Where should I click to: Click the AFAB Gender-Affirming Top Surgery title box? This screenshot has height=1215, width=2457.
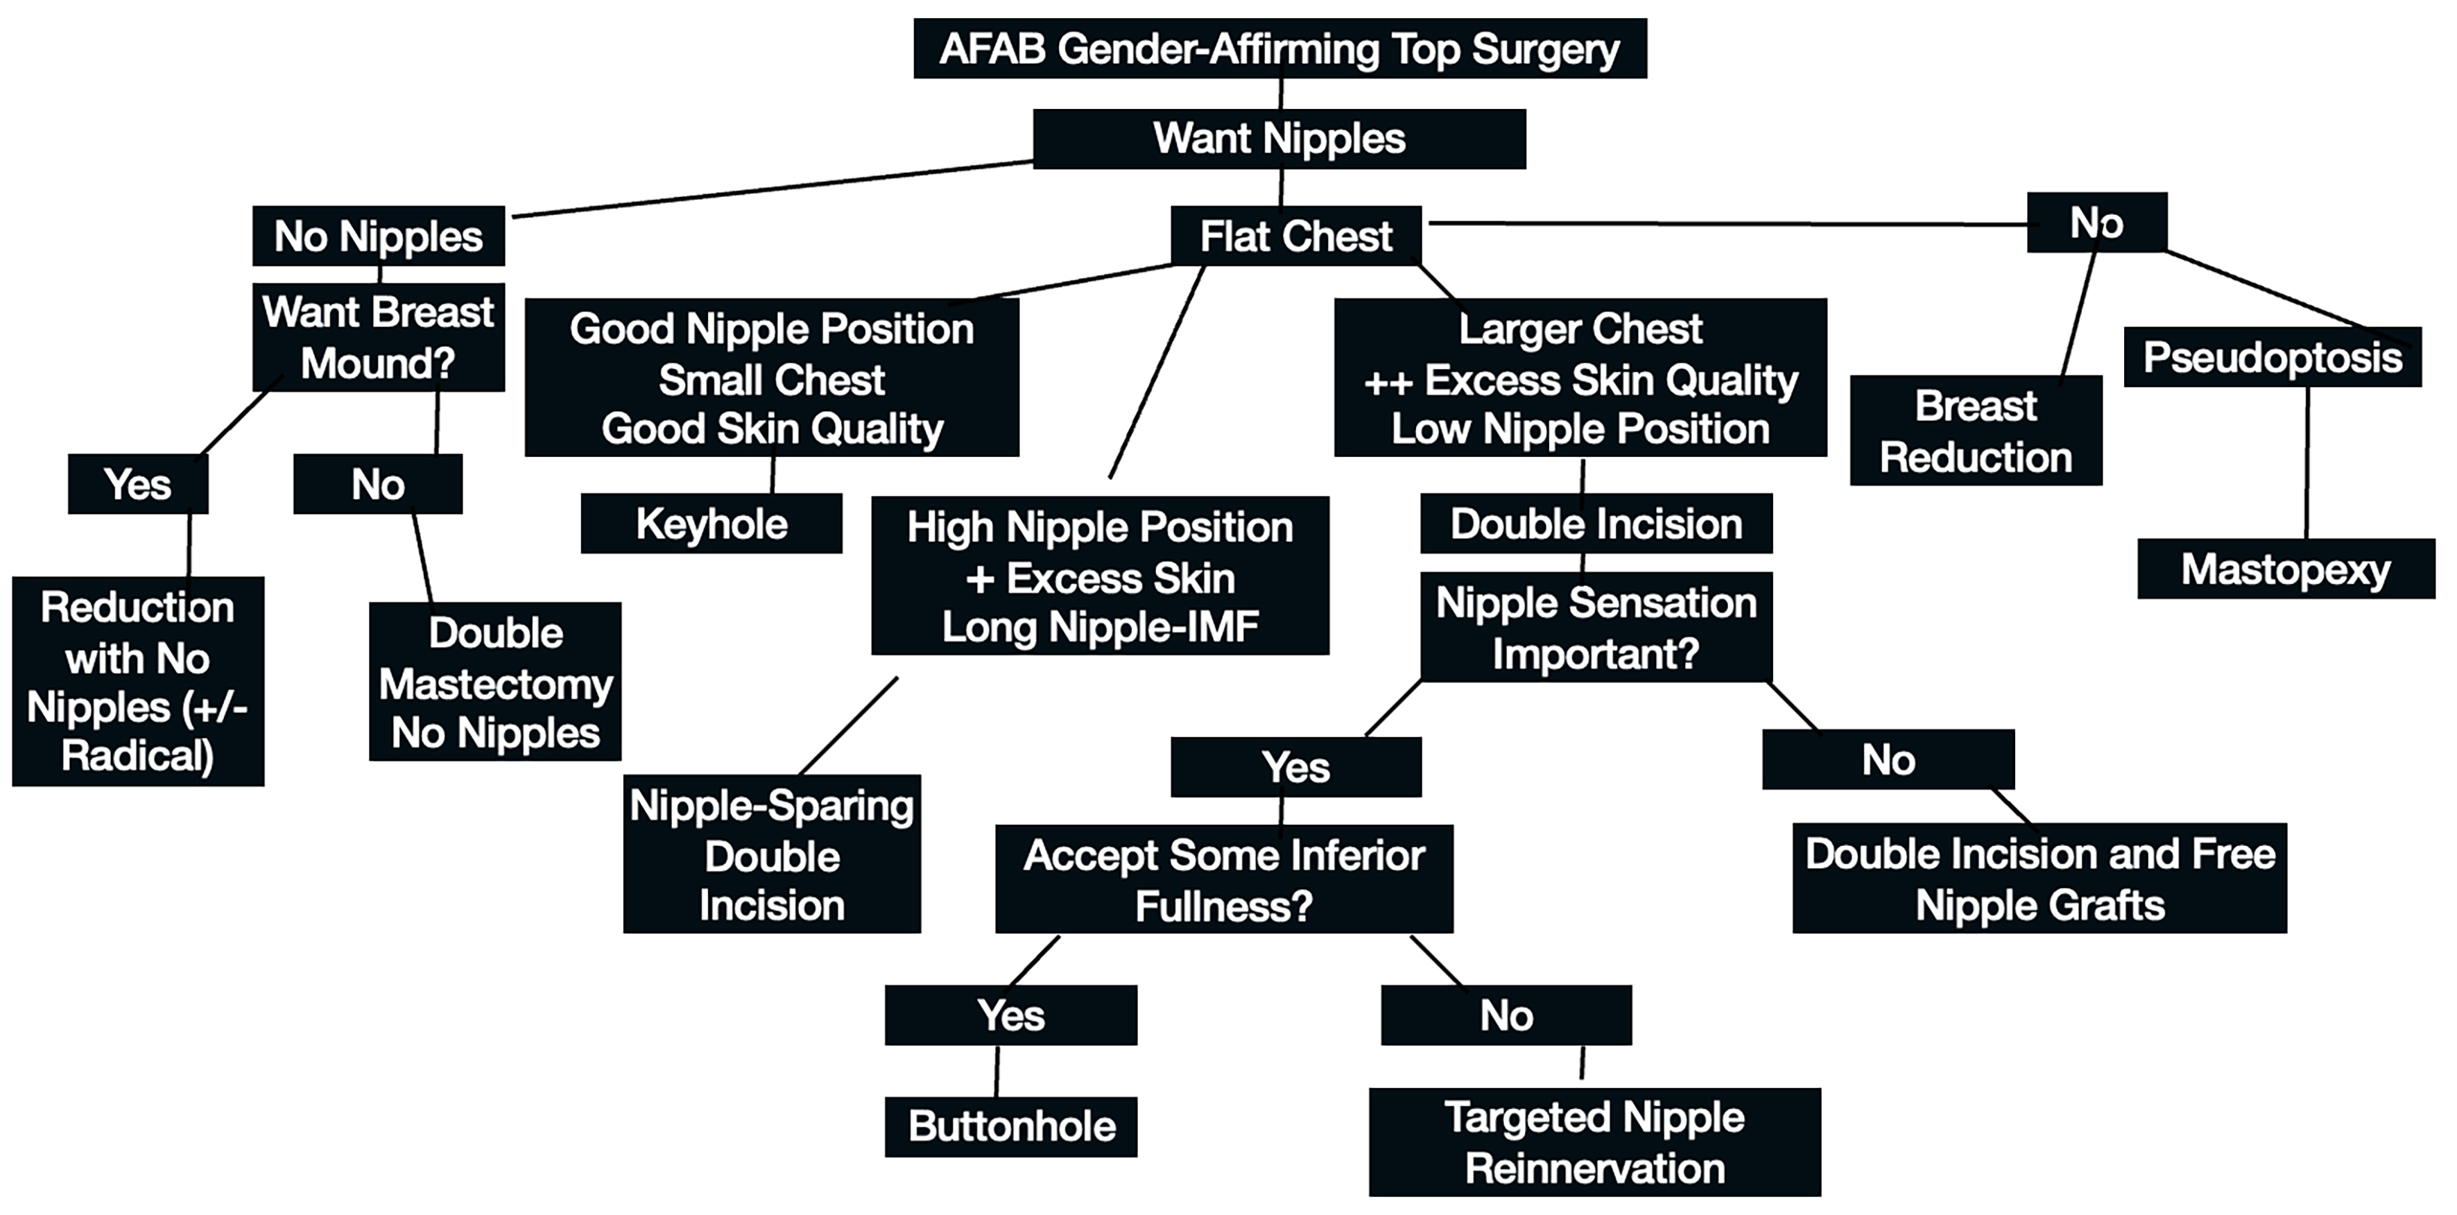coord(1279,49)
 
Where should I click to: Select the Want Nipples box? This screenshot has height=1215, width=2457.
coord(1279,139)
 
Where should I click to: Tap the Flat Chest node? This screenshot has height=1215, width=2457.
coord(1296,236)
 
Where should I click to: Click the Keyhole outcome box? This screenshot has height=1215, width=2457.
coord(712,524)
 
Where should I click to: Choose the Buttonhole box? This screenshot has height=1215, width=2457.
coord(1011,1126)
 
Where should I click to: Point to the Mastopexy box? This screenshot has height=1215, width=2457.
coord(2285,569)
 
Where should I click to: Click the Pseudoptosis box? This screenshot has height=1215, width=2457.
coord(2272,358)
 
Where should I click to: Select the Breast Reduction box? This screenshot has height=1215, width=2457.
coord(1975,431)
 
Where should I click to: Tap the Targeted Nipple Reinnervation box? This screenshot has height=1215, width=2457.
coord(1595,1142)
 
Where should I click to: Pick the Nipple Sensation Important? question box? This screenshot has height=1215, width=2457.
coord(1596,628)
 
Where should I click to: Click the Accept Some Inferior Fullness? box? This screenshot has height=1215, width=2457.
coord(1224,879)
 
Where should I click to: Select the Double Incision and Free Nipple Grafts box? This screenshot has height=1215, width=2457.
coord(2040,879)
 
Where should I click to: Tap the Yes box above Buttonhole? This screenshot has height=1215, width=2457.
coord(1011,1016)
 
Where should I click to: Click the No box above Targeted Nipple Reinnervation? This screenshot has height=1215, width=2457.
coord(1506,1016)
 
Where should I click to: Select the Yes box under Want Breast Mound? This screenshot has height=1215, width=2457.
coord(138,485)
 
